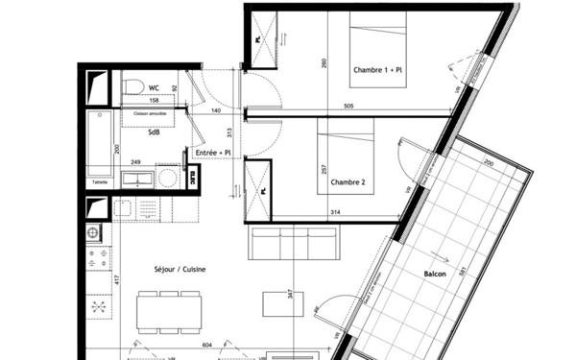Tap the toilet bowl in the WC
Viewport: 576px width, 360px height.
(x=133, y=88)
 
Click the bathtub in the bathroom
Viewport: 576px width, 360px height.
(x=99, y=142)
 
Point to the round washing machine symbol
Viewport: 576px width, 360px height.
(x=167, y=178)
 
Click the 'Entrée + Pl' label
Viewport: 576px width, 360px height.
(x=213, y=153)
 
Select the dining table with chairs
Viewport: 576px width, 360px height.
(x=169, y=308)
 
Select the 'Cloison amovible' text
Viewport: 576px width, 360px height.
(x=151, y=112)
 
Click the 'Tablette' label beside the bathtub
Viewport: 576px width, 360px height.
(x=99, y=179)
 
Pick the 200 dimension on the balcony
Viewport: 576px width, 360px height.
(x=487, y=164)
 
